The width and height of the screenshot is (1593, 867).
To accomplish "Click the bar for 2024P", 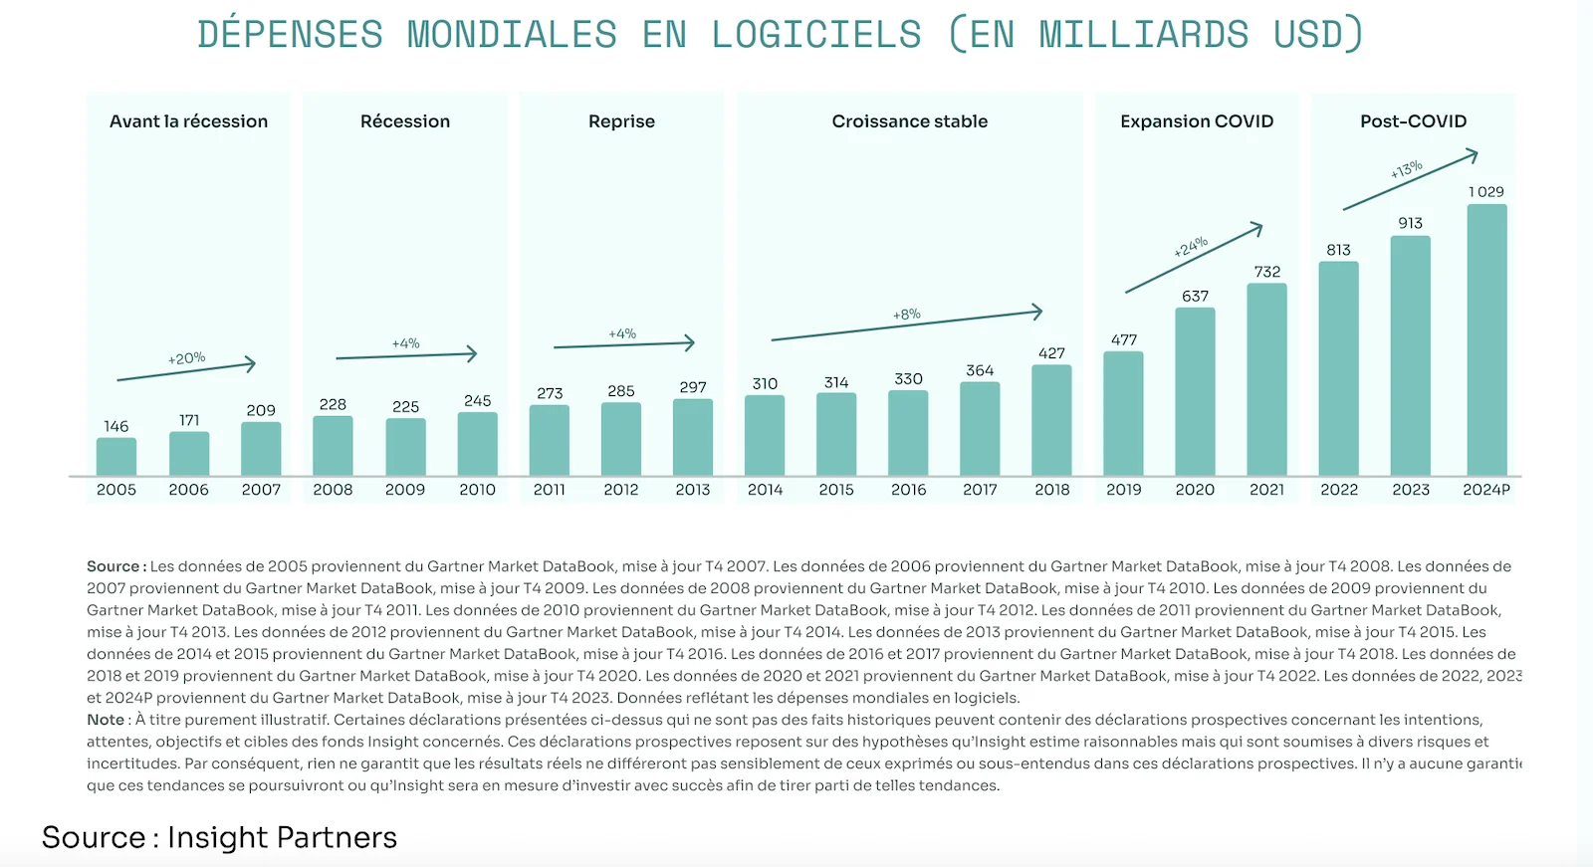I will [x=1486, y=340].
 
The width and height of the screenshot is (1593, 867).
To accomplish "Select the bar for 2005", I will [x=116, y=457].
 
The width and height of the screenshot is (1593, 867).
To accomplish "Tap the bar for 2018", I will [x=1051, y=420].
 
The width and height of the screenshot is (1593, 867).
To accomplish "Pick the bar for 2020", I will [x=1195, y=391].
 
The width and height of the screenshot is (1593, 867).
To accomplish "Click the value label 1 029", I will [x=1485, y=192].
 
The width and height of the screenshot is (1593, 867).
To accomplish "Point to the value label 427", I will [x=1051, y=353].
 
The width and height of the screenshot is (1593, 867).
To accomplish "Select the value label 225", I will [x=405, y=407].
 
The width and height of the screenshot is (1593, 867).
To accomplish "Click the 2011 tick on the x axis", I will [x=549, y=490].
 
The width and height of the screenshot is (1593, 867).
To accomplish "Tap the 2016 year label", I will [x=908, y=490].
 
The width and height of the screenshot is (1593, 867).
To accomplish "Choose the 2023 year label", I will [x=1410, y=490].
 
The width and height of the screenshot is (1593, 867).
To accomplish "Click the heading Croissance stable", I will [x=909, y=121].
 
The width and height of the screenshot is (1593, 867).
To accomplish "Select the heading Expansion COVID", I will [x=1196, y=121].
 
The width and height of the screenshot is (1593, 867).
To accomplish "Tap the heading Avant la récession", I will [x=188, y=121].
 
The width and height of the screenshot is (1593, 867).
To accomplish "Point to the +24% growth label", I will [x=1190, y=247].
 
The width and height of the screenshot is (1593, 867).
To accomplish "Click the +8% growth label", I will [x=906, y=315].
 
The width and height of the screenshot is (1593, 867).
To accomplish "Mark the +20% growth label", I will [x=186, y=358].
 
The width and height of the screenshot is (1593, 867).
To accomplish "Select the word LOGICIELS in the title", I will [x=815, y=35].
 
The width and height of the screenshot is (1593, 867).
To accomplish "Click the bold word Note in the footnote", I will [x=106, y=720].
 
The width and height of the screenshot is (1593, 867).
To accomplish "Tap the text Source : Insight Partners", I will [x=219, y=838].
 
